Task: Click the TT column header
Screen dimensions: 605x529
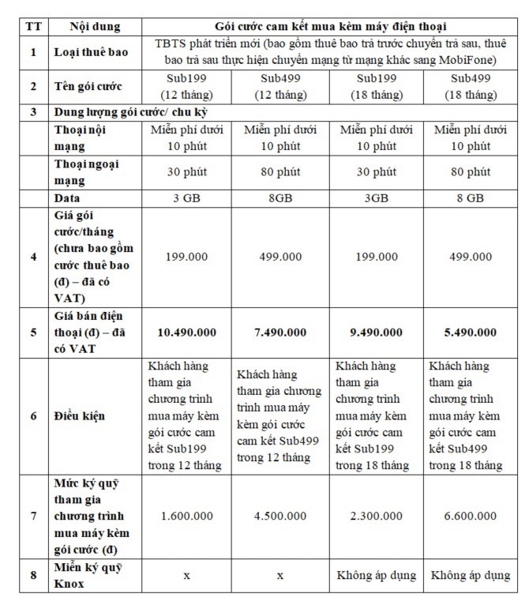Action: pyautogui.click(x=32, y=25)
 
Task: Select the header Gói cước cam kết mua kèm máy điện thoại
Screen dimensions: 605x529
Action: pyautogui.click(x=329, y=25)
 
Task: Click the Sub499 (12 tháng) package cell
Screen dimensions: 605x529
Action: pyautogui.click(x=280, y=87)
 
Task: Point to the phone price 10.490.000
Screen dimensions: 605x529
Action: pyautogui.click(x=186, y=332)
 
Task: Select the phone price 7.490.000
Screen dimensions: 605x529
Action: pyautogui.click(x=280, y=332)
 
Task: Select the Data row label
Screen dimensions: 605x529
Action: pyautogui.click(x=68, y=198)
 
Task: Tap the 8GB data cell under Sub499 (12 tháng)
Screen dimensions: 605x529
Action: pyautogui.click(x=280, y=198)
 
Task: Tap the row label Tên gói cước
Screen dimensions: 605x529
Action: pyautogui.click(x=87, y=87)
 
